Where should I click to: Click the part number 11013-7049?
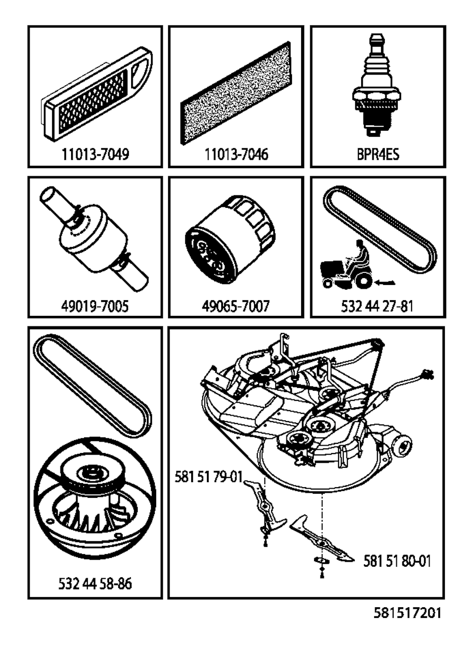coord(95,154)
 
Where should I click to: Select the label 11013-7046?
coord(236,154)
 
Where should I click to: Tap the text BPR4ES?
coord(378,154)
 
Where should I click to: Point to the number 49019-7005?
coord(95,306)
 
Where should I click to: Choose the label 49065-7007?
coord(236,306)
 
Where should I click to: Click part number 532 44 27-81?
coord(377,306)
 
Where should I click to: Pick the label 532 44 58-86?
coord(95,583)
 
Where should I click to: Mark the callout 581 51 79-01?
coord(208,477)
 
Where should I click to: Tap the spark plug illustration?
coord(376,85)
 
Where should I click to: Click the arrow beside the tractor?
coord(387,283)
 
